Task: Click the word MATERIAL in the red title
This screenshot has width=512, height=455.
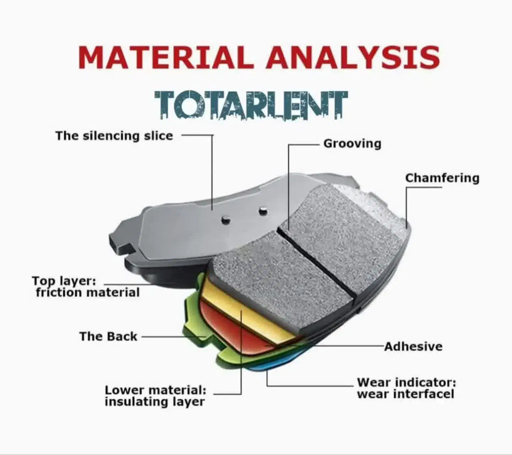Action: [x=166, y=57]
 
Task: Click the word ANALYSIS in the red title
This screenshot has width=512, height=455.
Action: [x=352, y=57]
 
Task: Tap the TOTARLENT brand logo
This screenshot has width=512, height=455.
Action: [x=251, y=105]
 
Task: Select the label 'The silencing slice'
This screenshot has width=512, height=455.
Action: [x=114, y=136]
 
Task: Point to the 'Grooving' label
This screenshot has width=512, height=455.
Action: [x=352, y=144]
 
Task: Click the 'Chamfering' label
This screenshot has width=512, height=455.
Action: [x=442, y=178]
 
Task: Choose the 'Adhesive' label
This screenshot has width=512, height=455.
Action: [x=414, y=346]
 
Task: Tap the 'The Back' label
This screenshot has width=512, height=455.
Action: [x=108, y=336]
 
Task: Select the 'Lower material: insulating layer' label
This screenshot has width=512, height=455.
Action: [x=155, y=396]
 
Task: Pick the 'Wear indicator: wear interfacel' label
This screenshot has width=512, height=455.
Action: [x=406, y=388]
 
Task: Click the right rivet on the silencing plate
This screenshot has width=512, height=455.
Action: [x=262, y=210]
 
